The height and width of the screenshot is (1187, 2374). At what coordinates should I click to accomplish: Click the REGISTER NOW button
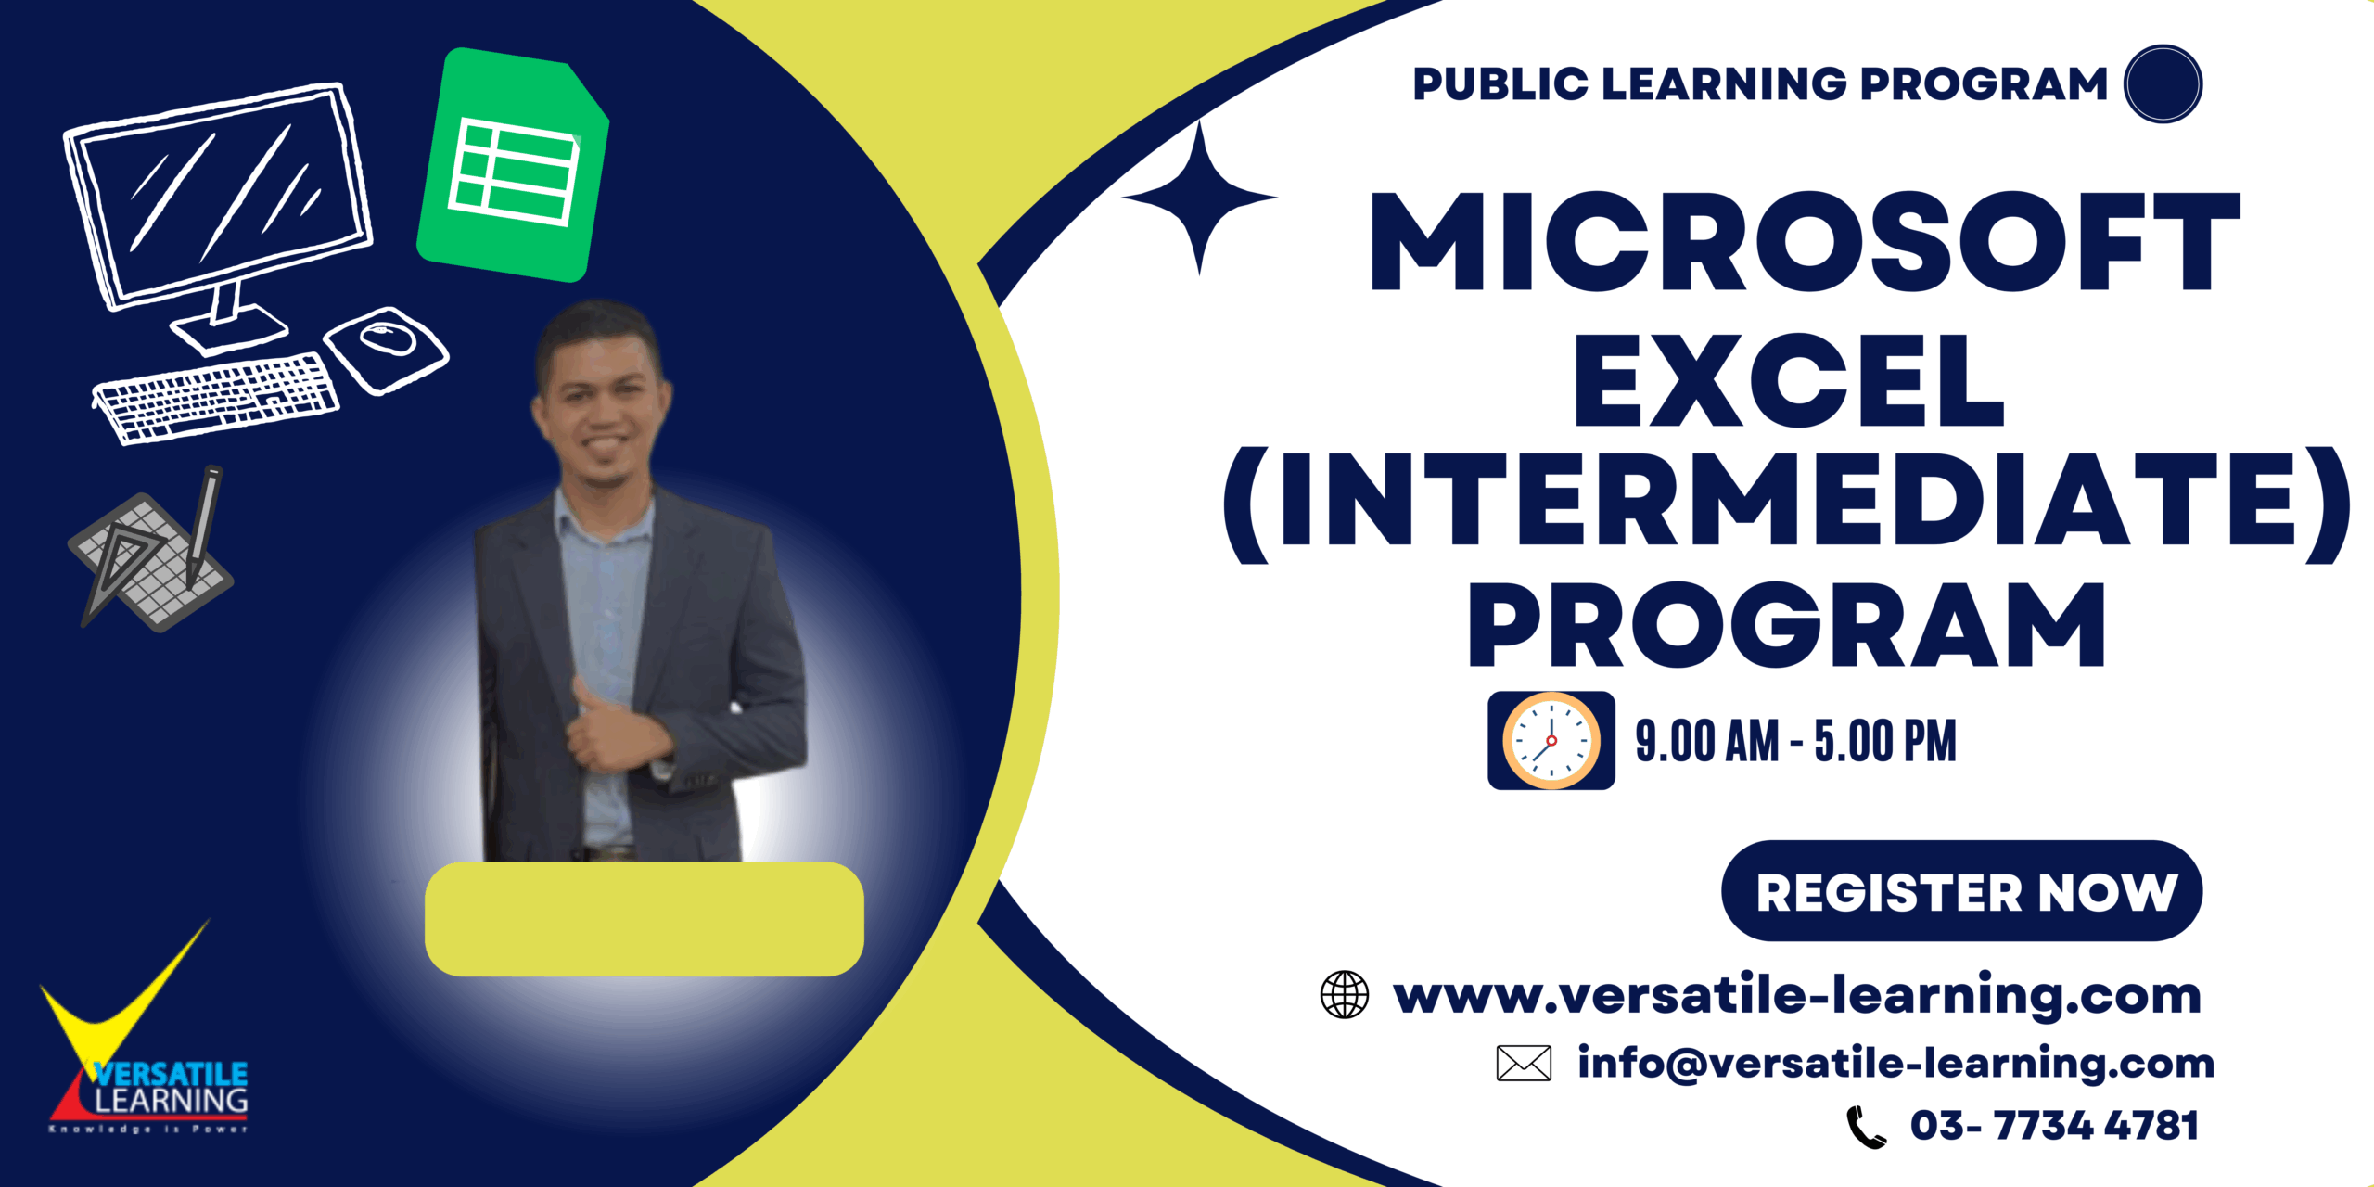[x=1961, y=891]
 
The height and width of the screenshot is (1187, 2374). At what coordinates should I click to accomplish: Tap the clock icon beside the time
[x=1551, y=741]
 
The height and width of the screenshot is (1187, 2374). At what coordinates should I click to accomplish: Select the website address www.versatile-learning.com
[x=1797, y=995]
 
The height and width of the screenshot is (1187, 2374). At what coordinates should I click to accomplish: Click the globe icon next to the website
[x=1345, y=995]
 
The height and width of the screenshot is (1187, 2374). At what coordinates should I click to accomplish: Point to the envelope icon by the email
[x=1524, y=1063]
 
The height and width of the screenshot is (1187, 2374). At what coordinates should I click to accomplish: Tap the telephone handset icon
[x=1866, y=1127]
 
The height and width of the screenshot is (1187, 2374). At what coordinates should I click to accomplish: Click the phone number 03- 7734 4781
[x=2054, y=1126]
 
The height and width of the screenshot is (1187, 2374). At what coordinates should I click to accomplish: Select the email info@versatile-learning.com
[x=1896, y=1063]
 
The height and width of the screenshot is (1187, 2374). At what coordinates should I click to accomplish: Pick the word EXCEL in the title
[x=1789, y=381]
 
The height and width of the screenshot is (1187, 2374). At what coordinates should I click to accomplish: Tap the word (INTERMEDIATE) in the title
[x=1787, y=502]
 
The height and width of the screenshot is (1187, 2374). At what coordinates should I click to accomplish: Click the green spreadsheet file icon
[x=513, y=165]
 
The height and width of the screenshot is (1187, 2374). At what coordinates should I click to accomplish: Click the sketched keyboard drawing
[x=215, y=397]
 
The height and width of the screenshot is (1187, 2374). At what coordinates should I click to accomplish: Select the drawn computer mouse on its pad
[x=386, y=349]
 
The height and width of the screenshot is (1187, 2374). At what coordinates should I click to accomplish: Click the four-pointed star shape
[x=1200, y=198]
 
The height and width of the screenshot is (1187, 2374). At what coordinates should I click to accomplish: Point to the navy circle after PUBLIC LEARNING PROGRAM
[x=2163, y=83]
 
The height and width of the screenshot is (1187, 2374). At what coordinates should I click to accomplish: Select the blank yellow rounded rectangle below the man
[x=645, y=919]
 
